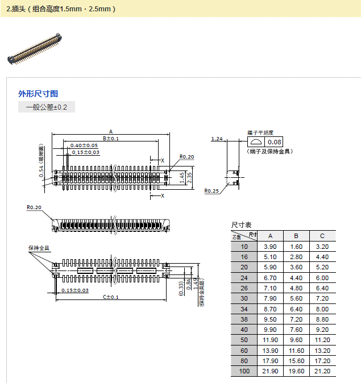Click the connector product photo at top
(x=35, y=49)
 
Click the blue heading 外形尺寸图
(x=38, y=94)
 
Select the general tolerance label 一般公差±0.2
(x=47, y=107)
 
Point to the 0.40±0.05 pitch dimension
(x=84, y=145)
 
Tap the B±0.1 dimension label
(x=111, y=139)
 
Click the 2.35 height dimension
(x=190, y=177)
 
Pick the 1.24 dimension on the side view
(x=217, y=139)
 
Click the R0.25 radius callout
(x=211, y=191)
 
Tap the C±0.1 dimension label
(x=111, y=297)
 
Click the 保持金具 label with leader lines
(x=39, y=248)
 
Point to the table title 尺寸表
(x=241, y=225)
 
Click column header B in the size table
(x=296, y=236)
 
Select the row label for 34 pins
(x=244, y=309)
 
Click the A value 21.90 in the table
(x=271, y=371)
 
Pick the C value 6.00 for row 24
(x=322, y=277)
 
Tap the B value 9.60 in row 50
(x=296, y=340)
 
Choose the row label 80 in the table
(x=244, y=360)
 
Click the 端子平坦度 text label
(x=260, y=132)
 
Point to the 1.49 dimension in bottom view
(x=194, y=282)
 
